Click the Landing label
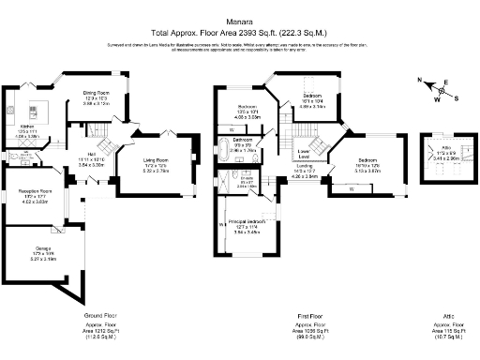point(306,165)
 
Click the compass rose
point(437,91)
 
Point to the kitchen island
point(41,105)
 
